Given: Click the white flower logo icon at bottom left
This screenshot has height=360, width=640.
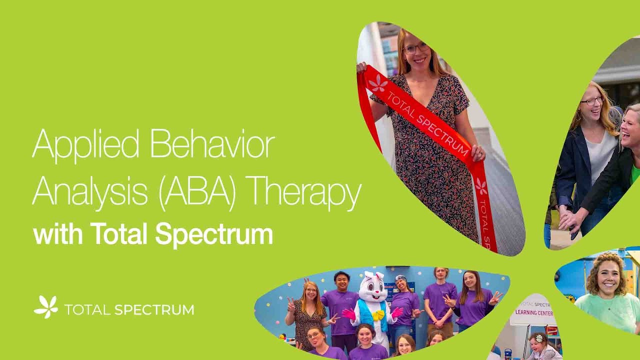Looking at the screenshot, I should tap(46, 306).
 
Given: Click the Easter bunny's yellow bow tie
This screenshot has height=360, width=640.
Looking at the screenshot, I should tap(378, 315).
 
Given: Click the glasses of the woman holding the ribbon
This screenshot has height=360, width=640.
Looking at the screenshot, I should tap(416, 48).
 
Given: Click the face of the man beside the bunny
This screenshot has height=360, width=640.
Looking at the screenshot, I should tap(341, 282).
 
